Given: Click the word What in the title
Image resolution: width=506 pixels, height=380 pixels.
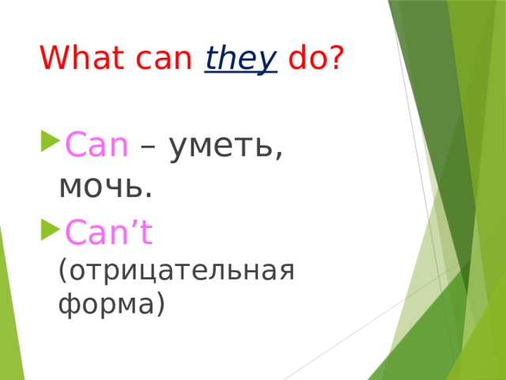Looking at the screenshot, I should point(77,58).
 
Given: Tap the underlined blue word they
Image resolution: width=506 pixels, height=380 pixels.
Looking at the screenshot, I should point(240,59).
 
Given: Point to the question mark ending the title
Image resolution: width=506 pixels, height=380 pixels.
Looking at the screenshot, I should point(337,58).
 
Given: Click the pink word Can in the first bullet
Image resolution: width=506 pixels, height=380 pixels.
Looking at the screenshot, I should point(96,146).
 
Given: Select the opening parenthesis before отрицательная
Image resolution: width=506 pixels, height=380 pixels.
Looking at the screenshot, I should point(63,272).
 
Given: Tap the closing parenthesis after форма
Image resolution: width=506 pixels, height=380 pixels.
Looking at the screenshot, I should point(160,303).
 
